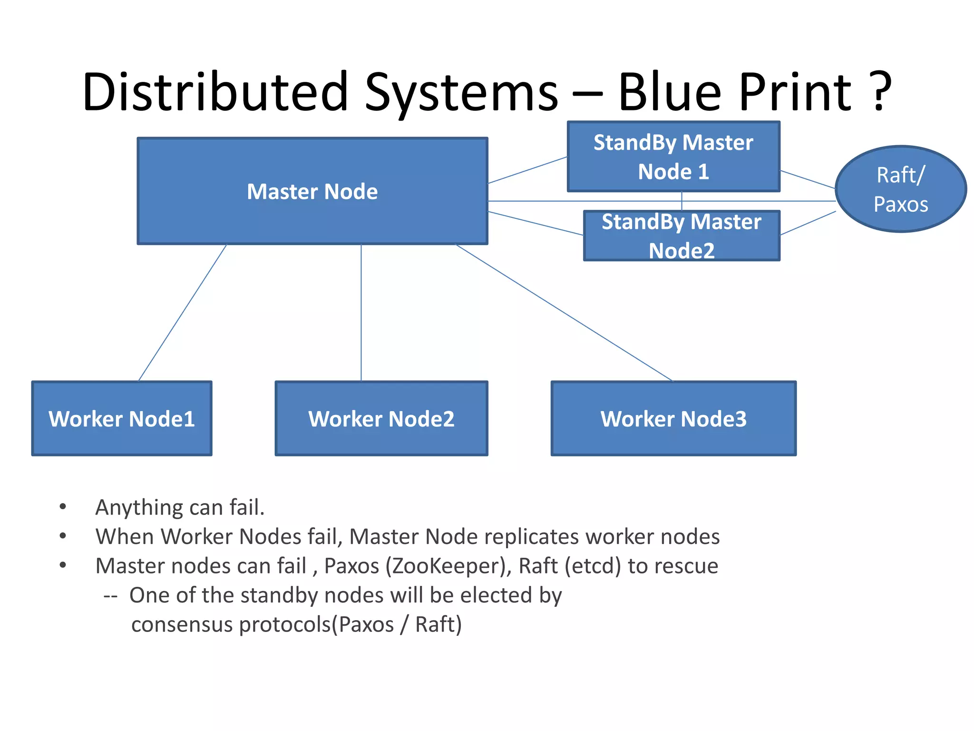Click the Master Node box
312,191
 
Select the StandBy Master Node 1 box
673,157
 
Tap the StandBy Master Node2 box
681,236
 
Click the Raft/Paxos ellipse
900,189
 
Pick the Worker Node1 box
122,419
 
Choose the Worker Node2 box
381,419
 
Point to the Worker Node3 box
673,419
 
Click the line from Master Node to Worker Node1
182,313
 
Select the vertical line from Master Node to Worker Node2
361,313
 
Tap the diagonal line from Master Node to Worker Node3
564,313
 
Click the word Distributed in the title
215,91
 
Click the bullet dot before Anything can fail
63,507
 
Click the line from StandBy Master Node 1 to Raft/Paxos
808,179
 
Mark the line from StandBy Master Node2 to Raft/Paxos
808,224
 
